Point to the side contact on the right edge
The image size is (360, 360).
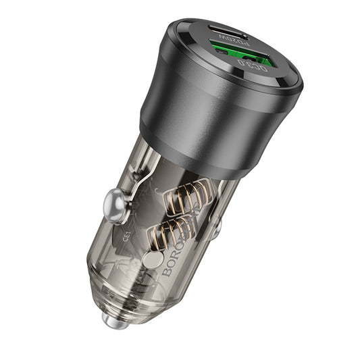[x=215, y=230]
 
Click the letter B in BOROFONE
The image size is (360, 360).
[x=168, y=272]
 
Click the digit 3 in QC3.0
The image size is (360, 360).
[x=253, y=66]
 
